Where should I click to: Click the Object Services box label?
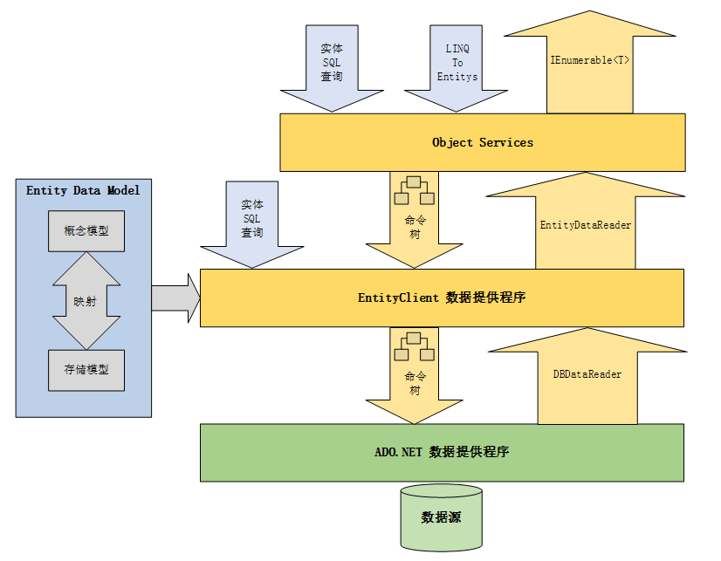[482, 142]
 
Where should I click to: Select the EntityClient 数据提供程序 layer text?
[442, 298]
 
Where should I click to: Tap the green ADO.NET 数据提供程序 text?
[442, 452]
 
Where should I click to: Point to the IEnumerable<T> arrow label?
[590, 60]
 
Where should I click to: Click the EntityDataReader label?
[585, 225]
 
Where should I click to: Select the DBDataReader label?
[587, 373]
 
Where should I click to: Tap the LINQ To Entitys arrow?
[457, 65]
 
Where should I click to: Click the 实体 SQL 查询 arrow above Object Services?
[331, 65]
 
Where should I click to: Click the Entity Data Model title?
[83, 190]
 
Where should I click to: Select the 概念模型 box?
[86, 231]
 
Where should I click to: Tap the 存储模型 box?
[86, 369]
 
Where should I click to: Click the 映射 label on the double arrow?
[86, 302]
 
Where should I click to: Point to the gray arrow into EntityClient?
[175, 298]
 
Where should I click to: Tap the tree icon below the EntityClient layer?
[415, 347]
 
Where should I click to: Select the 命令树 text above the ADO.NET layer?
[415, 383]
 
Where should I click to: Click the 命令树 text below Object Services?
[415, 228]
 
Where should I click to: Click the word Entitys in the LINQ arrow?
[457, 77]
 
